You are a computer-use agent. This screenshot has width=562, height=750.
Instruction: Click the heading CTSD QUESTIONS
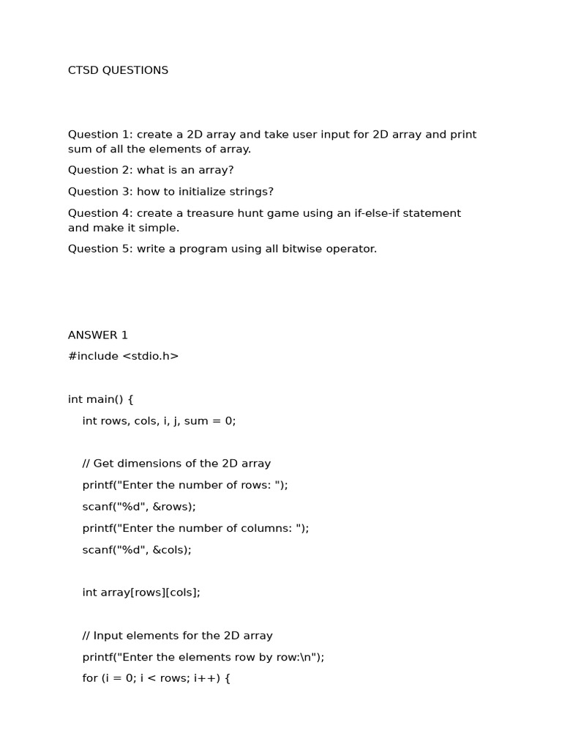pos(118,70)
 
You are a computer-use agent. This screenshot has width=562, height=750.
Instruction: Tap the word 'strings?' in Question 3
pos(250,192)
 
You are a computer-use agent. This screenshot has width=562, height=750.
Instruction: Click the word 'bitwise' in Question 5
pos(288,249)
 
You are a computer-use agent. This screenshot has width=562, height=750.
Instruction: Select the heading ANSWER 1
pos(98,335)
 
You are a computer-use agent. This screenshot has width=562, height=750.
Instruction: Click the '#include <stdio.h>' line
pos(123,357)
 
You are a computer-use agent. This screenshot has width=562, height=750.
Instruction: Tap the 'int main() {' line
pos(101,399)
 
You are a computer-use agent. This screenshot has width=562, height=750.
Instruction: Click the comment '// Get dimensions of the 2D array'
pos(176,464)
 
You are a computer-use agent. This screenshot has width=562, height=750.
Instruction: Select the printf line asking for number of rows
pos(185,485)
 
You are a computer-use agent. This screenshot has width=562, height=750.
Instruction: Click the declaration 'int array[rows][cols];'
pos(141,593)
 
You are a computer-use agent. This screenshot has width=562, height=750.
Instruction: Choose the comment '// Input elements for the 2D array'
pos(178,636)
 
